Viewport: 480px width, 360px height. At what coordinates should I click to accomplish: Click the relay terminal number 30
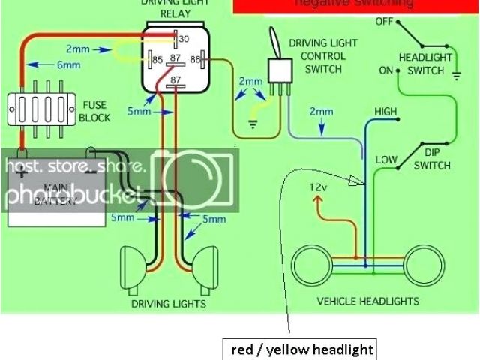point(184,39)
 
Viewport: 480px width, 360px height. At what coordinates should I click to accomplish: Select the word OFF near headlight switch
point(384,21)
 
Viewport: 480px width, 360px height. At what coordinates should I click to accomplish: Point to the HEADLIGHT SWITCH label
point(425,64)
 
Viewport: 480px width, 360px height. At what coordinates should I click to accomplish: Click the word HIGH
point(386,112)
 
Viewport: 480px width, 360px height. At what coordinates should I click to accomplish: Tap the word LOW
point(386,160)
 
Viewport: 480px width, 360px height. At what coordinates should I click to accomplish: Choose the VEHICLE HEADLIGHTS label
point(367,301)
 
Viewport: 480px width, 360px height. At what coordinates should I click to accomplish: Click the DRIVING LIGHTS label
point(169,304)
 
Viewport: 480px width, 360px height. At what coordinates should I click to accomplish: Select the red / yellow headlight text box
point(300,349)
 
